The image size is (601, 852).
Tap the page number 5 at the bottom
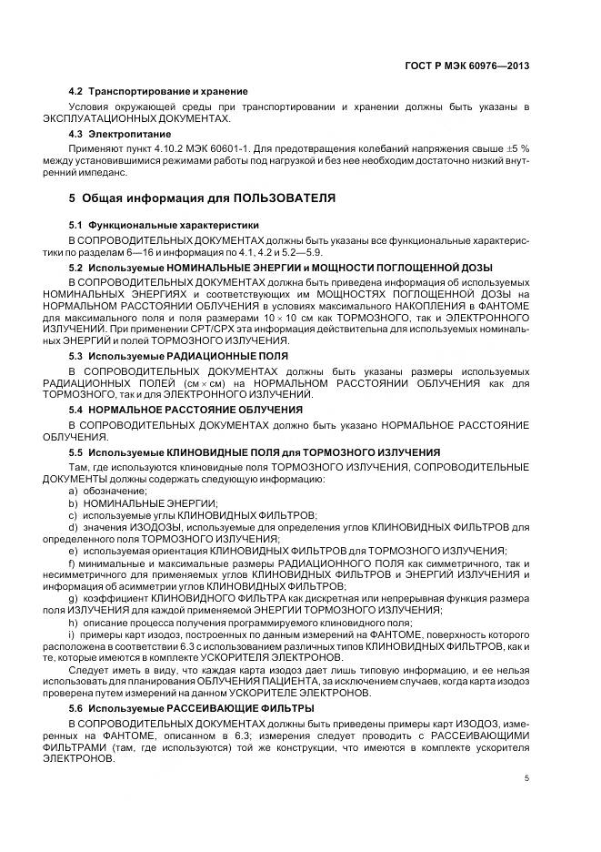pos(526,776)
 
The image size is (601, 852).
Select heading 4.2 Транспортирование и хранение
pos(158,92)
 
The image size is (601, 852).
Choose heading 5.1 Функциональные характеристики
pos(164,225)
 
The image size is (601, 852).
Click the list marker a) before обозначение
pos(73,490)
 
